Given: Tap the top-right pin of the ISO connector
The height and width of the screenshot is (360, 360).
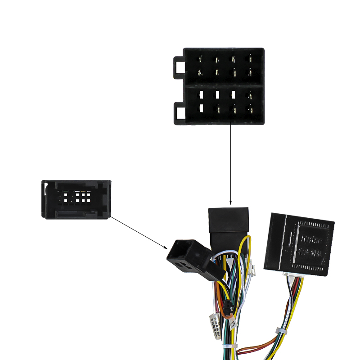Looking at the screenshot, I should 249,59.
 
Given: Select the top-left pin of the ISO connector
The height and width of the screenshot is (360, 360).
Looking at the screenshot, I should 201,59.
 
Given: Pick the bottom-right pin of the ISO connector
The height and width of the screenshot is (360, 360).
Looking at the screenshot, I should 249,108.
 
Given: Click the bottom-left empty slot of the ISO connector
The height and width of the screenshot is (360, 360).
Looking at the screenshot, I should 201,108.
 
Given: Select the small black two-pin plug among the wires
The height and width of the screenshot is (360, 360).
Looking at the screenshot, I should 228,308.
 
